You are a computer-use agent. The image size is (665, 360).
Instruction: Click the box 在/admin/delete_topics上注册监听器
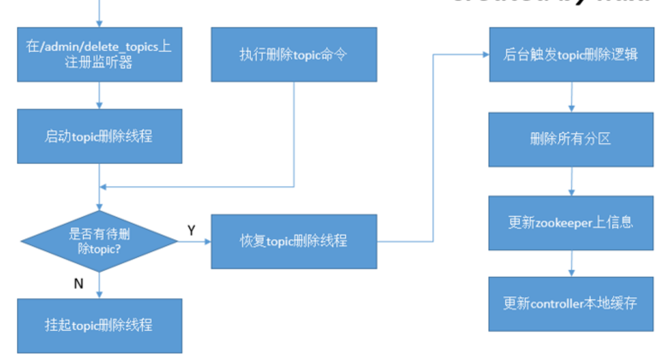pyautogui.click(x=99, y=55)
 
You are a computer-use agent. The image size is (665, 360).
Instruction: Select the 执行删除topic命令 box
pyautogui.click(x=294, y=55)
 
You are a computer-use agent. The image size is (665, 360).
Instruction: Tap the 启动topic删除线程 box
pyautogui.click(x=99, y=136)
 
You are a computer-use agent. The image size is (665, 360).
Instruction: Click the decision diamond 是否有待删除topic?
pyautogui.click(x=99, y=241)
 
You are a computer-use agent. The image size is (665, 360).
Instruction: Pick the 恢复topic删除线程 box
pyautogui.click(x=294, y=241)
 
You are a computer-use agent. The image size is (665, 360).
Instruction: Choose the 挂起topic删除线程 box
pyautogui.click(x=99, y=325)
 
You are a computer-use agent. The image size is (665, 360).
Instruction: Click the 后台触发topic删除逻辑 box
pyautogui.click(x=571, y=55)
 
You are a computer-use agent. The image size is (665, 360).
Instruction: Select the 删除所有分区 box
pyautogui.click(x=571, y=139)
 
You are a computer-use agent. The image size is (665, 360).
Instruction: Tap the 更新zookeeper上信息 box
pyautogui.click(x=571, y=223)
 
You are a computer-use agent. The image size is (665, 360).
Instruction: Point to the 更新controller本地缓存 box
pyautogui.click(x=571, y=304)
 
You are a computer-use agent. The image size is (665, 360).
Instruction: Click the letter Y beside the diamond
pyautogui.click(x=191, y=231)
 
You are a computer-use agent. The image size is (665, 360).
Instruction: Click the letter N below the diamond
pyautogui.click(x=78, y=283)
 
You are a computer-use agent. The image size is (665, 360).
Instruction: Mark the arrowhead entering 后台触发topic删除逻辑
pyautogui.click(x=486, y=55)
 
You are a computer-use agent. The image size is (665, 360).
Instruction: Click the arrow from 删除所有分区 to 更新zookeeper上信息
pyautogui.click(x=571, y=181)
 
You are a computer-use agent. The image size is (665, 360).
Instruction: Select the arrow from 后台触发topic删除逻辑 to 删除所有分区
pyautogui.click(x=571, y=97)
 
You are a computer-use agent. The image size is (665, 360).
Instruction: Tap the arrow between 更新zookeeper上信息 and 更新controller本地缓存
pyautogui.click(x=571, y=263)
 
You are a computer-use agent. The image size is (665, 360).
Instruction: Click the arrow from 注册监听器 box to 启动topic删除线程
pyautogui.click(x=99, y=95)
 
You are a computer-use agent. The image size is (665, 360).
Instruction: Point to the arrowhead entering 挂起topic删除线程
pyautogui.click(x=99, y=295)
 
